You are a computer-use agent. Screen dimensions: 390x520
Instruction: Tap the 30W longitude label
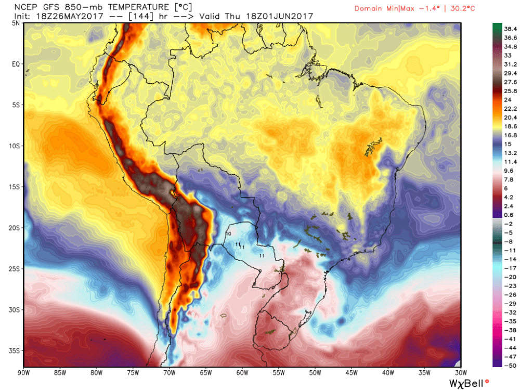[460, 373]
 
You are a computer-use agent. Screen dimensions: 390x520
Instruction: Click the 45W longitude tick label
[350, 373]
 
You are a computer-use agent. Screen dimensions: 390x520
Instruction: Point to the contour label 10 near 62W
[228, 233]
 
